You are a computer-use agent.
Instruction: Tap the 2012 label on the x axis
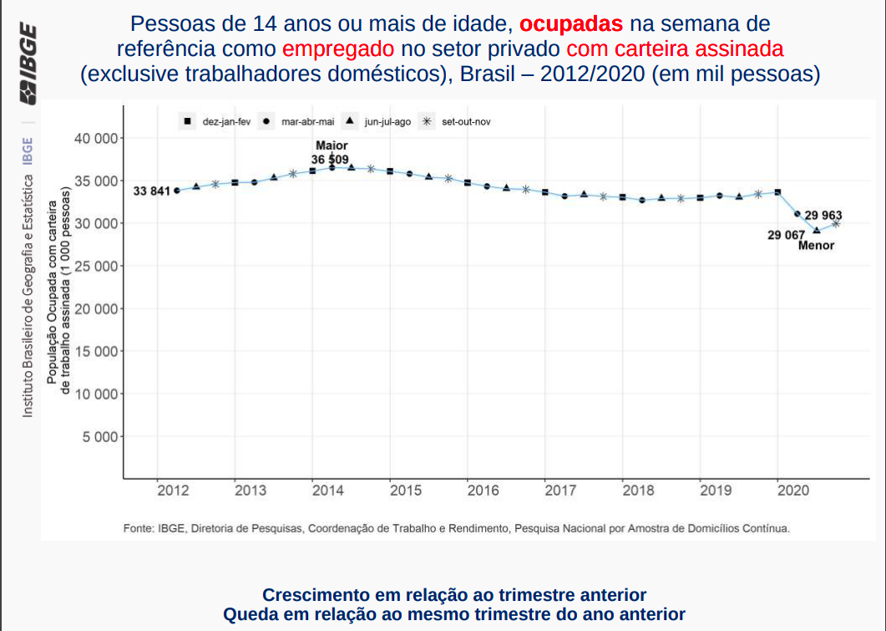[172, 491]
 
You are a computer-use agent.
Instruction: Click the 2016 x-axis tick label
[483, 491]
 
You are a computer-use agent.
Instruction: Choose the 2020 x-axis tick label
[793, 491]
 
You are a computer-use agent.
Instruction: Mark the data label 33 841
[151, 191]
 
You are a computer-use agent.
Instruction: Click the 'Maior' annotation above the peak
[332, 145]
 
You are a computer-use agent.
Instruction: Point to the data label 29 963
[823, 216]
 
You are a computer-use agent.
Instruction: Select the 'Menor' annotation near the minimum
[816, 246]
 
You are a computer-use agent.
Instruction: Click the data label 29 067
[786, 235]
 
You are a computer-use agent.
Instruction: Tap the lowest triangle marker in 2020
[816, 230]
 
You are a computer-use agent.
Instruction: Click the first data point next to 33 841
[177, 191]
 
